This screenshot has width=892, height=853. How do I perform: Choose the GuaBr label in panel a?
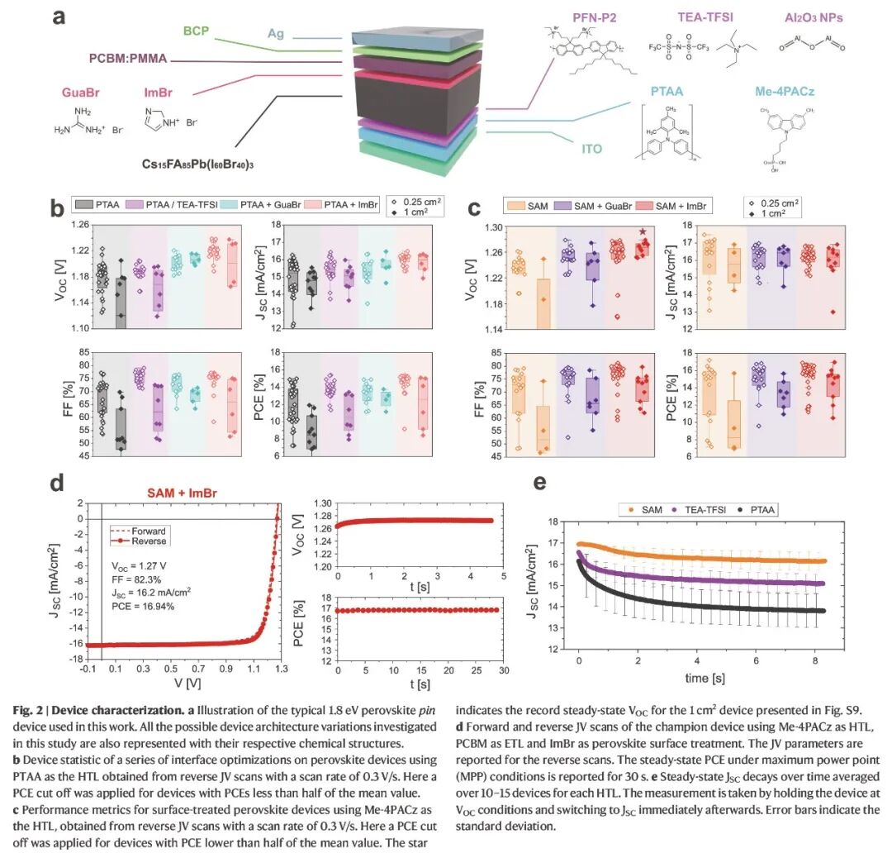click(80, 92)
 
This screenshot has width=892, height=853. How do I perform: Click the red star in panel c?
click(642, 232)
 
